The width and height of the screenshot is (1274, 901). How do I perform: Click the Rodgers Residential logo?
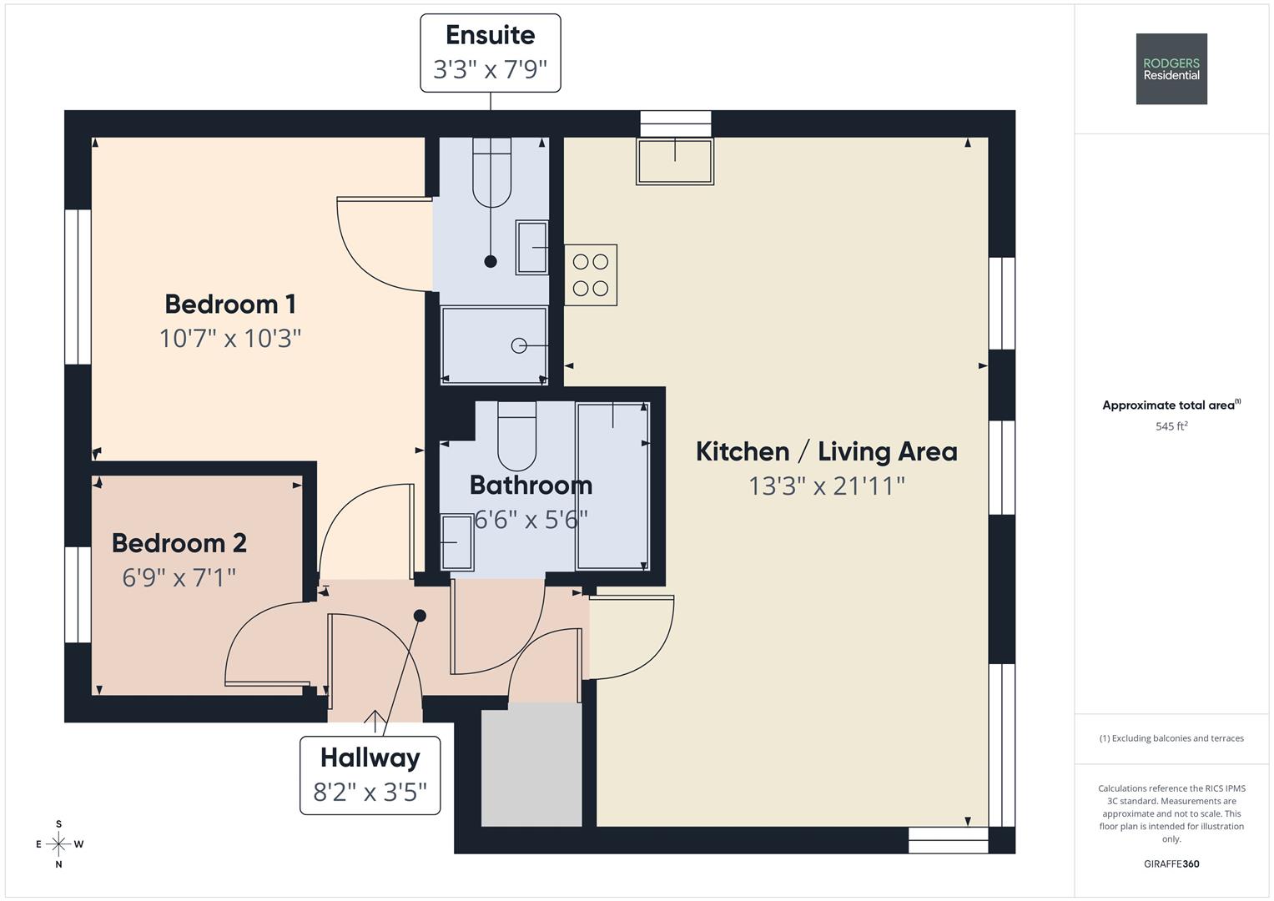tap(1171, 68)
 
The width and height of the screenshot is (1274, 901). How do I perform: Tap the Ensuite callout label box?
tap(491, 53)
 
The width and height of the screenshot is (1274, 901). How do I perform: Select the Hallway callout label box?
tap(370, 775)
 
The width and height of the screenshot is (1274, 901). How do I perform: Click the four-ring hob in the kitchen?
tap(591, 274)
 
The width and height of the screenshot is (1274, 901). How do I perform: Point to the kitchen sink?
tap(675, 162)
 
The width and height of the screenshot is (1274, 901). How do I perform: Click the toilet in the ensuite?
tap(492, 173)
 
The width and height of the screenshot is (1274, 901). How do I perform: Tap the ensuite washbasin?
tap(531, 248)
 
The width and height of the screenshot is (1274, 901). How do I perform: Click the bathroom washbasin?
tap(457, 542)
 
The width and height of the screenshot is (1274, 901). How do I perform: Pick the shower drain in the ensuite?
tap(519, 345)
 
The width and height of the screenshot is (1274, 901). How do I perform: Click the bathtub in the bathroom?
tap(612, 486)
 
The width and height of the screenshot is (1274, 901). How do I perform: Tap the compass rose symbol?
tap(58, 843)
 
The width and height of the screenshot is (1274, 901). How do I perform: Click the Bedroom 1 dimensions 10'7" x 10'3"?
tap(229, 339)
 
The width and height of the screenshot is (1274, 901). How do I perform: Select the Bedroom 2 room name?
tap(179, 543)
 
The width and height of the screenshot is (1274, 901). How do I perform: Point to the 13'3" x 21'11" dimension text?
tap(827, 486)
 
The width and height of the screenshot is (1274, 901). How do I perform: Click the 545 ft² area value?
tap(1171, 426)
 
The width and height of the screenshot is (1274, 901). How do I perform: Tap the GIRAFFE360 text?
tap(1171, 863)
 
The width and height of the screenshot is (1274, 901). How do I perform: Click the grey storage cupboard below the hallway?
tap(531, 764)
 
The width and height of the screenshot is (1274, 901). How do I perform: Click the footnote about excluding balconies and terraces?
tap(1171, 738)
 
